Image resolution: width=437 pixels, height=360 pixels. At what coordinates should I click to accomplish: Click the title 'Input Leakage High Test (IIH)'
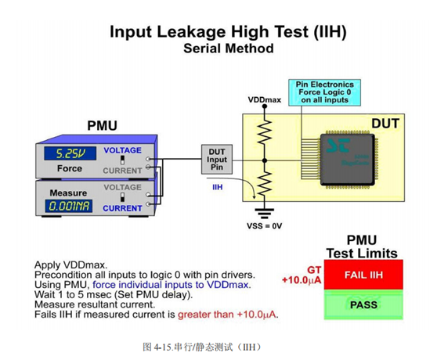228,32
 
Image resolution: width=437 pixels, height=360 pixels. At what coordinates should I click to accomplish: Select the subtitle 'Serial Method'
228,49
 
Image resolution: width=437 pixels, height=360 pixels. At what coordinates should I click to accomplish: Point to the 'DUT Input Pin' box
217,159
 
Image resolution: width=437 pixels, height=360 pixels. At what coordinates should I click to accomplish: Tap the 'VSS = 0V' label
265,225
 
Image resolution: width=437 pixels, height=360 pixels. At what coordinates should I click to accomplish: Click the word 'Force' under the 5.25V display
69,168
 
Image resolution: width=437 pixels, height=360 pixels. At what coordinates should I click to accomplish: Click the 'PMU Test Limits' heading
361,247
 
